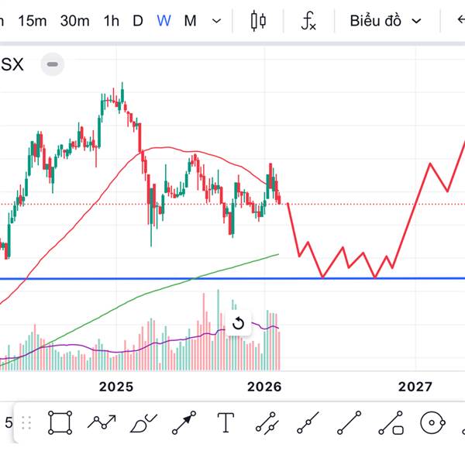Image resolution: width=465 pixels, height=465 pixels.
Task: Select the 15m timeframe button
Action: [x=33, y=21]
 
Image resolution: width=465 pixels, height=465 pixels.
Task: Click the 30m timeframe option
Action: [x=74, y=21]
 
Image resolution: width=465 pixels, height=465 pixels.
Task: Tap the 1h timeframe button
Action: [x=111, y=21]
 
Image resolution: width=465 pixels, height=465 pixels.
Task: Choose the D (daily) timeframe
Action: [x=138, y=21]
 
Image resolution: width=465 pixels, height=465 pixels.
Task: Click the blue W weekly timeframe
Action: [x=164, y=21]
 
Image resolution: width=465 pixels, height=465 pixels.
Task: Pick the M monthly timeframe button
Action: [x=190, y=21]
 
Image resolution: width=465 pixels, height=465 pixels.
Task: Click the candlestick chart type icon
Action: [x=259, y=21]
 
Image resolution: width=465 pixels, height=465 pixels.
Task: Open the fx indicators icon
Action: [x=308, y=21]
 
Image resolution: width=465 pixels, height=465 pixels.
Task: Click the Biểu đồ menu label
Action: [x=375, y=21]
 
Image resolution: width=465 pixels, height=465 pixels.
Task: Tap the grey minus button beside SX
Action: [x=52, y=64]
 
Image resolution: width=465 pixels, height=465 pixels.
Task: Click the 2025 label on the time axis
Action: [x=116, y=387]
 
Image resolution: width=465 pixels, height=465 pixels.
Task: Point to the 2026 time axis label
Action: [x=264, y=387]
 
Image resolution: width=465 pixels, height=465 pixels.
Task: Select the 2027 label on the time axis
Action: [x=415, y=387]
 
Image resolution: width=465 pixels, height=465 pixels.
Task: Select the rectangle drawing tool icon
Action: [x=60, y=423]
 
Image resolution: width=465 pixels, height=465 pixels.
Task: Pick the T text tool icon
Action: [x=226, y=423]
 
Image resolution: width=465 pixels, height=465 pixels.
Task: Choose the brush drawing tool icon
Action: [x=143, y=423]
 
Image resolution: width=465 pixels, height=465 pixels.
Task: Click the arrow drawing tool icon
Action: [x=184, y=423]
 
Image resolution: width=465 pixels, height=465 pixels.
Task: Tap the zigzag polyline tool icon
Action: [x=102, y=423]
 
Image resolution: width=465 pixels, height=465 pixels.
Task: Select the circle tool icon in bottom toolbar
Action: [x=432, y=423]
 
